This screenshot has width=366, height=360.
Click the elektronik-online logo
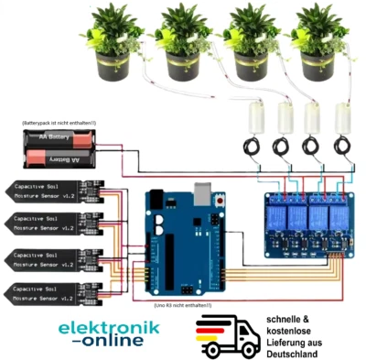pyautogui.click(x=108, y=333)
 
